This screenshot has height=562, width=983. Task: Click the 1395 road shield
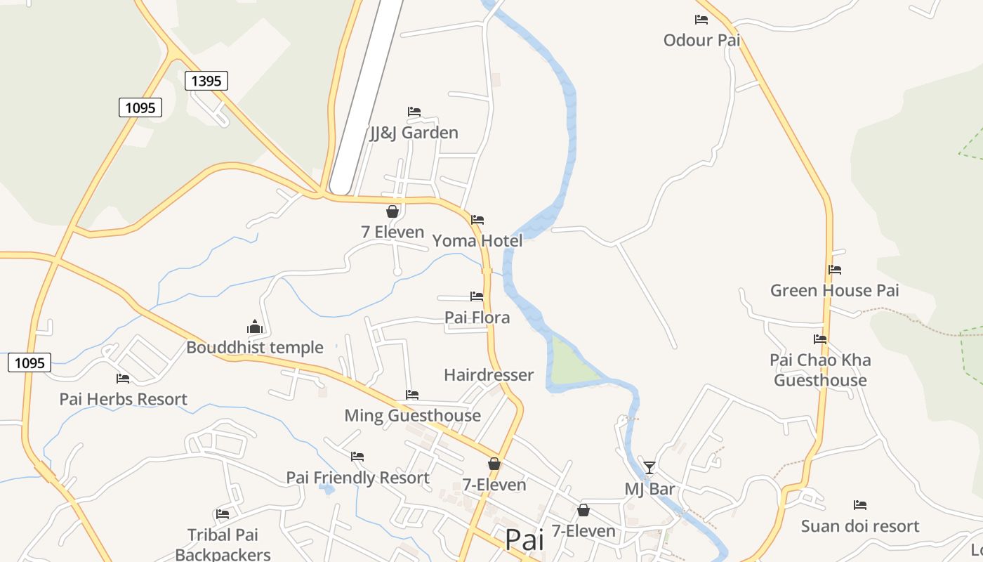click(206, 81)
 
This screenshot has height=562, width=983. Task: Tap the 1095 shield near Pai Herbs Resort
click(29, 362)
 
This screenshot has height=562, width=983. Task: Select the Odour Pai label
click(701, 40)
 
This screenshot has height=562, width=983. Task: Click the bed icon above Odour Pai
click(701, 20)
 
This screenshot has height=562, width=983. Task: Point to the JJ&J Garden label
click(414, 133)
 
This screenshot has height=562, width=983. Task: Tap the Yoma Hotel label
click(477, 241)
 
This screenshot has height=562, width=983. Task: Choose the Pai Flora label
click(477, 318)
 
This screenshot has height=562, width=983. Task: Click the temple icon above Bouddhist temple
click(254, 327)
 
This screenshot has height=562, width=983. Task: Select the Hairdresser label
click(489, 375)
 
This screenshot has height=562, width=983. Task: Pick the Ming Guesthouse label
click(412, 416)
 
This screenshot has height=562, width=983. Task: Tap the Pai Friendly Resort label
click(357, 478)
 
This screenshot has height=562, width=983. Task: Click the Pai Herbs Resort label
click(124, 399)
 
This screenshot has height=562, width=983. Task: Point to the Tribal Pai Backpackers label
click(223, 544)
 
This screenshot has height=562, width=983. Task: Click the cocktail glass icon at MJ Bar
click(649, 467)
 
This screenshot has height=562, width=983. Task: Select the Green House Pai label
click(834, 291)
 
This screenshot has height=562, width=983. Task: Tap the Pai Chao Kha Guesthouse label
click(820, 370)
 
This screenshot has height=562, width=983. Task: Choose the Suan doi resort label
click(860, 526)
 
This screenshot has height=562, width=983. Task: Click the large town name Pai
click(525, 540)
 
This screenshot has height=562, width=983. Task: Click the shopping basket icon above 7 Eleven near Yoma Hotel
click(392, 211)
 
